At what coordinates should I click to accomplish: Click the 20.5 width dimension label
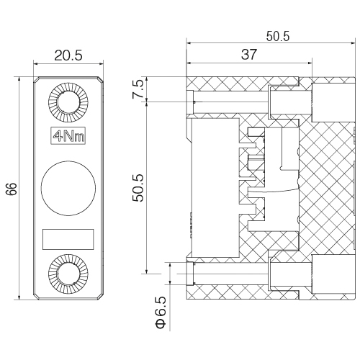click(68, 55)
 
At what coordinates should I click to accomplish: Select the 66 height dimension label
click(12, 189)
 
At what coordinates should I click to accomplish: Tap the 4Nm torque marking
click(68, 135)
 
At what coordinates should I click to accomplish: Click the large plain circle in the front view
click(68, 188)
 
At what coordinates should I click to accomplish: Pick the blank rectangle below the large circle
click(68, 239)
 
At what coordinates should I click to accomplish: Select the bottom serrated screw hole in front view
click(68, 274)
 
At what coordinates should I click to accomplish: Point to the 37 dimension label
click(249, 55)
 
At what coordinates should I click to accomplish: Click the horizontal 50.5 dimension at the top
click(278, 37)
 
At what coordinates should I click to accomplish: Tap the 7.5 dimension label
click(138, 89)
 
